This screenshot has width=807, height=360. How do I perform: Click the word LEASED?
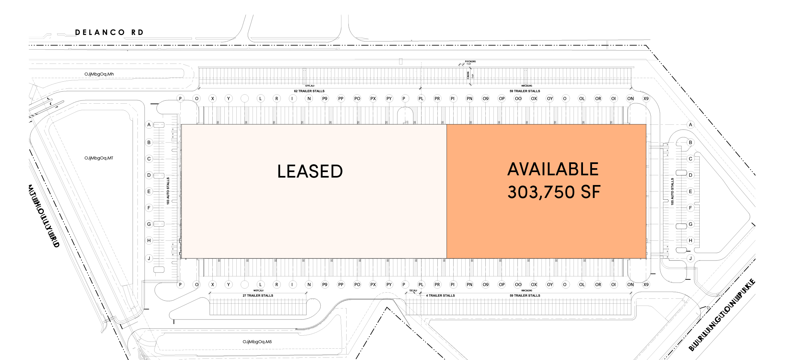pyautogui.click(x=310, y=171)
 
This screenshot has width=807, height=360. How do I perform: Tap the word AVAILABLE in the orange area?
pyautogui.click(x=553, y=169)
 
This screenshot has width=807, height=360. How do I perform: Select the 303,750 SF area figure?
pyautogui.click(x=554, y=192)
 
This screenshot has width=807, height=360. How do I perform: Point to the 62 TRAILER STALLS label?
pyautogui.click(x=309, y=91)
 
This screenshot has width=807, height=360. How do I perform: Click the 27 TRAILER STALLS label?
pyautogui.click(x=258, y=296)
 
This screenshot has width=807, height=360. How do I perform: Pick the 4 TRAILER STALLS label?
pyautogui.click(x=441, y=296)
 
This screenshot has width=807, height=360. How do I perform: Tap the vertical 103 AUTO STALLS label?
pyautogui.click(x=168, y=191)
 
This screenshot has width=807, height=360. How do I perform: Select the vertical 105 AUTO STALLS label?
pyautogui.click(x=672, y=191)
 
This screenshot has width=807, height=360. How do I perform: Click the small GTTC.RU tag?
pyautogui.click(x=310, y=86)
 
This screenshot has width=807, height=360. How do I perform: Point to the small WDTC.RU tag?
pyautogui.click(x=258, y=291)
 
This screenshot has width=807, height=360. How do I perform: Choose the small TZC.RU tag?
pyautogui.click(x=413, y=291)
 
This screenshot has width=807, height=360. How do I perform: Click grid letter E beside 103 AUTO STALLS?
pyautogui.click(x=149, y=192)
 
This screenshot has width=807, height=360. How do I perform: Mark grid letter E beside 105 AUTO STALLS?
pyautogui.click(x=691, y=192)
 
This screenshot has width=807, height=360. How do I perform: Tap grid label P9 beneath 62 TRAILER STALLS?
pyautogui.click(x=325, y=99)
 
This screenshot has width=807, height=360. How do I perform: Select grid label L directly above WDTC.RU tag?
pyautogui.click(x=261, y=285)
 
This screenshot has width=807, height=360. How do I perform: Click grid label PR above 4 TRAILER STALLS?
pyautogui.click(x=437, y=285)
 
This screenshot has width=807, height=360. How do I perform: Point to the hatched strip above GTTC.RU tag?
pyautogui.click(x=304, y=76)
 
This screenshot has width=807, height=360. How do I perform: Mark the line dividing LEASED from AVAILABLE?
pyautogui.click(x=446, y=191)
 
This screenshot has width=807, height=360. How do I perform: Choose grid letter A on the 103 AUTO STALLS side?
pyautogui.click(x=149, y=125)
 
